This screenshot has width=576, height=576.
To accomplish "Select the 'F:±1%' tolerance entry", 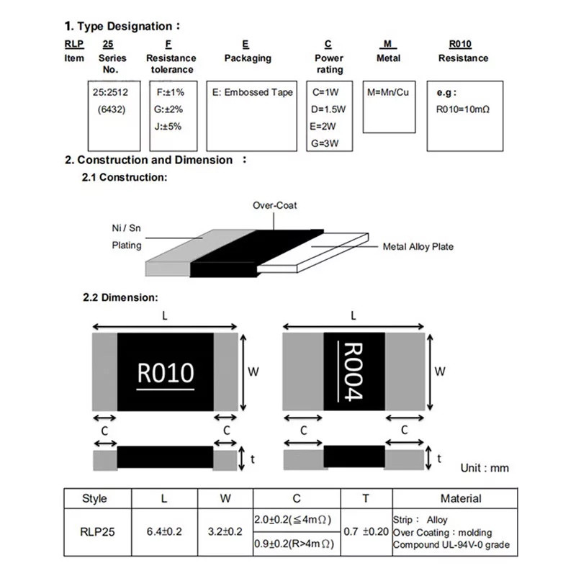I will point(170,93).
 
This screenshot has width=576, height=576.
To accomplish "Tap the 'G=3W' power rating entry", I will point(327,143).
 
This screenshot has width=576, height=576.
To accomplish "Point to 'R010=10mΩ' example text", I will point(464,110).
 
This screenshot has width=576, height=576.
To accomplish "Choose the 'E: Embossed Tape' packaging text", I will point(251,93).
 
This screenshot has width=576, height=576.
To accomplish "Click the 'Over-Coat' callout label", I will point(274,205).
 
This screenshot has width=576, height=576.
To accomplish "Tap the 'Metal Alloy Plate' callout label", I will point(418,247).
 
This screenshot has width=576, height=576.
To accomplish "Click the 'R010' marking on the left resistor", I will point(165,373).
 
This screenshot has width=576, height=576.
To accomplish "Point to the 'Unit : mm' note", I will point(484,468).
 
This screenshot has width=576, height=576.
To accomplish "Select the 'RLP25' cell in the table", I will point(94,532).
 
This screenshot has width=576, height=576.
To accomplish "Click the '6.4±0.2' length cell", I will point(164,532).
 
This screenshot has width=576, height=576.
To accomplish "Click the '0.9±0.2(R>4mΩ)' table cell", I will point(295,545).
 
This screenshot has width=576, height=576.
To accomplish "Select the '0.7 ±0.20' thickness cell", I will point(365,531).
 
